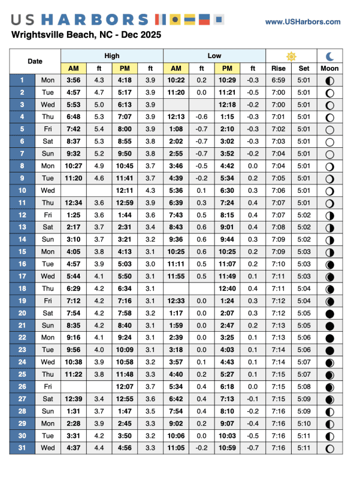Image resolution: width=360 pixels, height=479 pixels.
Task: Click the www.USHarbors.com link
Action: pyautogui.click(x=302, y=22)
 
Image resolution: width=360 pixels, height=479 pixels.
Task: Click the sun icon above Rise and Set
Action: pyautogui.click(x=291, y=56)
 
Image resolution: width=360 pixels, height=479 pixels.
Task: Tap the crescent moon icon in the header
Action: pyautogui.click(x=329, y=56)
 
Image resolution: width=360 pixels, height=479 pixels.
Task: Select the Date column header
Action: pyautogui.click(x=35, y=62)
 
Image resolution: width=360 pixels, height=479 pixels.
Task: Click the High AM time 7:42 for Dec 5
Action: pyautogui.click(x=74, y=129)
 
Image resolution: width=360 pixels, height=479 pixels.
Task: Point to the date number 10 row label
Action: pyautogui.click(x=22, y=190)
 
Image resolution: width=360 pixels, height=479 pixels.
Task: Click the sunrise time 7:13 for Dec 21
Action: pyautogui.click(x=279, y=325)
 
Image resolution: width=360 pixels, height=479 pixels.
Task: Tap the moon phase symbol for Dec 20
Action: pyautogui.click(x=329, y=313)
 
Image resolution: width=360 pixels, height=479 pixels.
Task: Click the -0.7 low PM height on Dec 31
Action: pyautogui.click(x=253, y=447)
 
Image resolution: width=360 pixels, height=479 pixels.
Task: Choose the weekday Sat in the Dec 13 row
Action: pyautogui.click(x=47, y=227)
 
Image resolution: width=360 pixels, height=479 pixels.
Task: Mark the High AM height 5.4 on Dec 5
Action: pyautogui.click(x=99, y=129)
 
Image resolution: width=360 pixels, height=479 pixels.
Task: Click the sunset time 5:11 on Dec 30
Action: pyautogui.click(x=304, y=435)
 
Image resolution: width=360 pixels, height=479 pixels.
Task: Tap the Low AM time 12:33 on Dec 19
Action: pyautogui.click(x=176, y=301)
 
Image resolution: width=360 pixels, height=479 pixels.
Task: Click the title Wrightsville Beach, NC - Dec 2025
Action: pyautogui.click(x=86, y=35)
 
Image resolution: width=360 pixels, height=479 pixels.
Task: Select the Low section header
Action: pyautogui.click(x=214, y=56)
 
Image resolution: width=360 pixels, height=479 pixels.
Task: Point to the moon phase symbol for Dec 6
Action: pyautogui.click(x=329, y=141)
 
